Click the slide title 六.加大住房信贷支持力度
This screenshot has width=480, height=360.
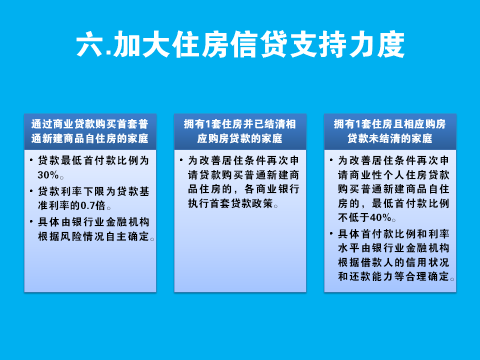tap(240, 44)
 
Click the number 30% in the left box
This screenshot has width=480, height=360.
tap(48, 175)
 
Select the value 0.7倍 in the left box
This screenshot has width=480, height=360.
tap(92, 205)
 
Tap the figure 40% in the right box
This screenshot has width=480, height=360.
tap(380, 217)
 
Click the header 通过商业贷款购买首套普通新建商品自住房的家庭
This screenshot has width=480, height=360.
tap(90, 131)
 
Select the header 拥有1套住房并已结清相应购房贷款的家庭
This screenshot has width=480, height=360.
tap(240, 131)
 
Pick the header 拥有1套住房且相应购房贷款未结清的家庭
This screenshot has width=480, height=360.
tap(390, 131)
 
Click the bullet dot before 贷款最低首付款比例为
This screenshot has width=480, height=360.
tap(31, 160)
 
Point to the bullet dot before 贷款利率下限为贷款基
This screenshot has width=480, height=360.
tap(31, 190)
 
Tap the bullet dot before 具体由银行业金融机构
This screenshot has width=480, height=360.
tap(31, 221)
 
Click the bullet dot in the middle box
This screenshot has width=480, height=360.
tap(181, 160)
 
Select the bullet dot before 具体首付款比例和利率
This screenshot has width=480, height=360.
tap(331, 233)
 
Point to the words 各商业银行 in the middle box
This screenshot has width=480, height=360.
tap(272, 189)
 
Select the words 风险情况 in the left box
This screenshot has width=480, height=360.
tap(83, 236)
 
